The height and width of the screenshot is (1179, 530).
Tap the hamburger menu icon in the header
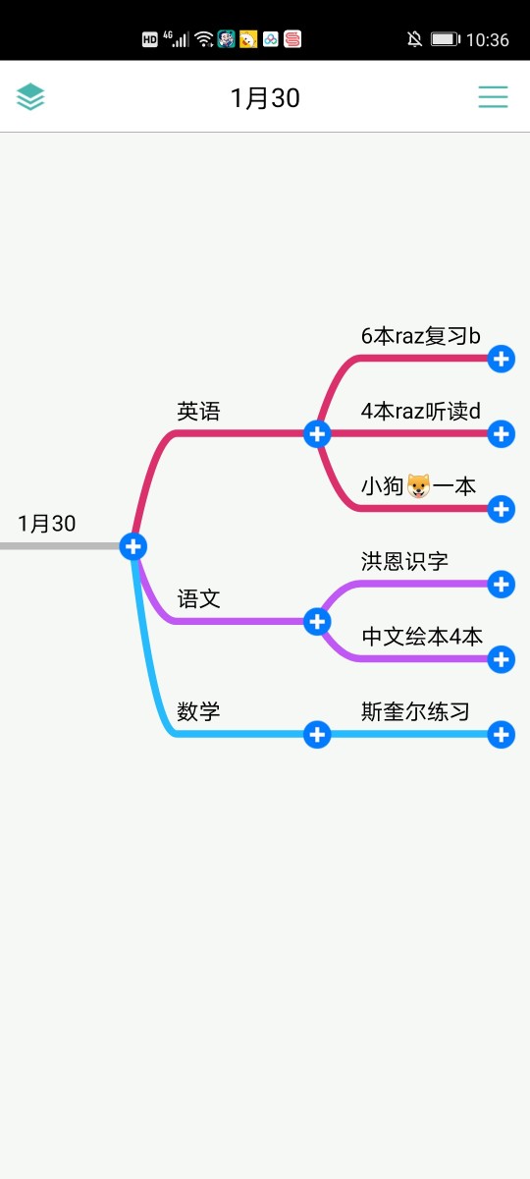tap(493, 97)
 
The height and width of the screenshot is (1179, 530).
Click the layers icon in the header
tap(30, 97)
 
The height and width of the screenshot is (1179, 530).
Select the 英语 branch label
tap(198, 411)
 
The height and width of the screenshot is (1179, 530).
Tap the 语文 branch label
tap(198, 599)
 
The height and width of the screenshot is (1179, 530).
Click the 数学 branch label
tap(198, 711)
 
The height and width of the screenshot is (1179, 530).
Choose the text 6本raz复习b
tap(421, 336)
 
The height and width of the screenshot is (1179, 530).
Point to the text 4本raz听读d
tap(421, 411)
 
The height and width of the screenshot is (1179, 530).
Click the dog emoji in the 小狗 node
tap(418, 485)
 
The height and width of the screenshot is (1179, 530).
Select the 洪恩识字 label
tap(404, 561)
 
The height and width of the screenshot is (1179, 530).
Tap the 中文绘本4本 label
tap(422, 637)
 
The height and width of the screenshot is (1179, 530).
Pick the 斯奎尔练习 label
tap(415, 711)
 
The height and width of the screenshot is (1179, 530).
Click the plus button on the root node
tap(133, 546)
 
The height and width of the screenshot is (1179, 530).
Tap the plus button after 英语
tap(317, 433)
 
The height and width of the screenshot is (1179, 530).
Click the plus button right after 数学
tap(317, 734)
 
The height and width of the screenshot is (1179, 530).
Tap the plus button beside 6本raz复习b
tap(502, 359)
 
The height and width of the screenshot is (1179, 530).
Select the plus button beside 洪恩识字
tap(502, 585)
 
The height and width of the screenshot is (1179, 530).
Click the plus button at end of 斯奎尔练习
tap(502, 734)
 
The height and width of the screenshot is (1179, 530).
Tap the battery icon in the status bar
tap(446, 39)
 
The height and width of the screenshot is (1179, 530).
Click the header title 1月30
tap(265, 98)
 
